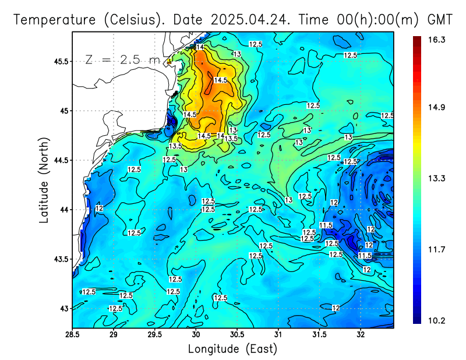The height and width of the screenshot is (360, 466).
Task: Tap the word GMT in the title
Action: [440, 19]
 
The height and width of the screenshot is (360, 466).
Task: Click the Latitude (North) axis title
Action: [44, 179]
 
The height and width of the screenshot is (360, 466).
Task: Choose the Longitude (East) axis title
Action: [232, 349]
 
